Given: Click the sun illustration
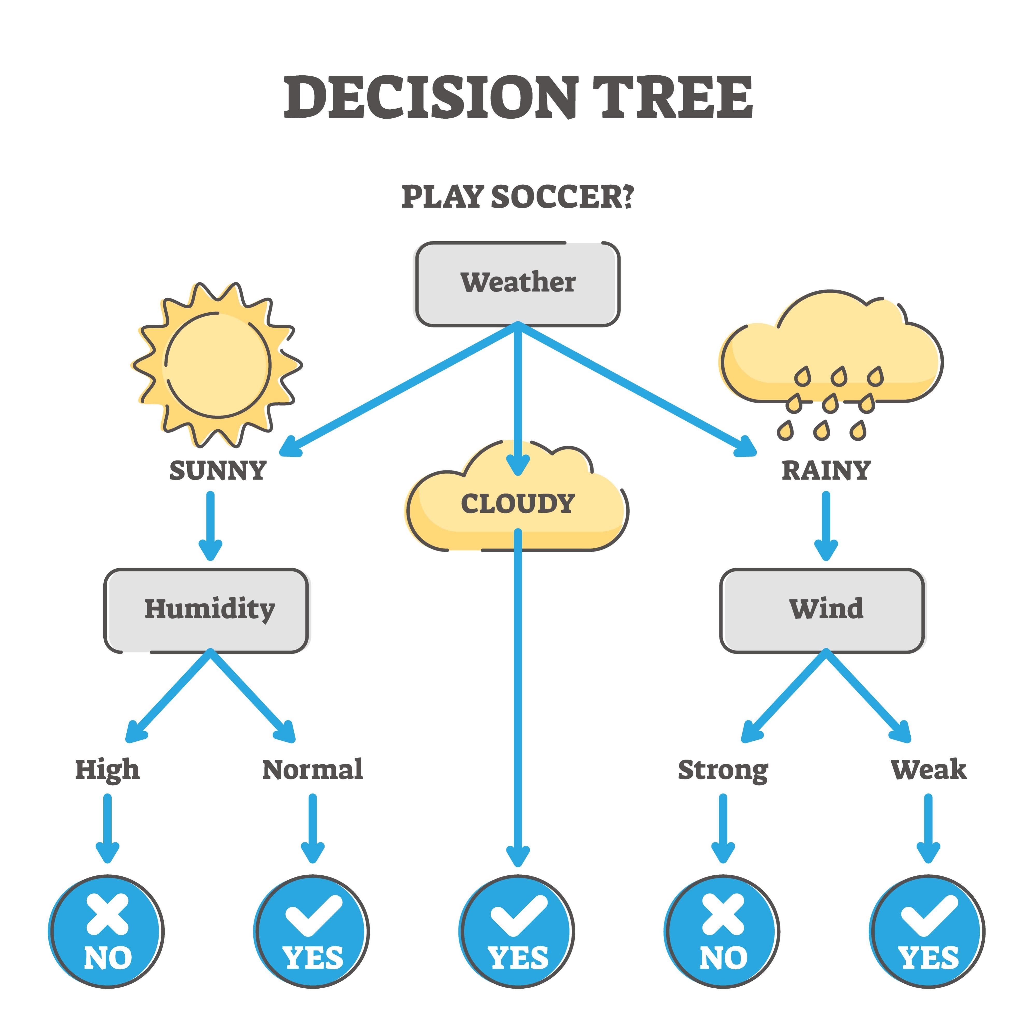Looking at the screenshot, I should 217,365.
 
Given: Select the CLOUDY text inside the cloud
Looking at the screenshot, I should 517,504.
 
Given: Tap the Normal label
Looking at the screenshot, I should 313,769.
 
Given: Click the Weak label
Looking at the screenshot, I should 928,769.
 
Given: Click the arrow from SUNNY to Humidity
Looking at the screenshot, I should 210,525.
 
